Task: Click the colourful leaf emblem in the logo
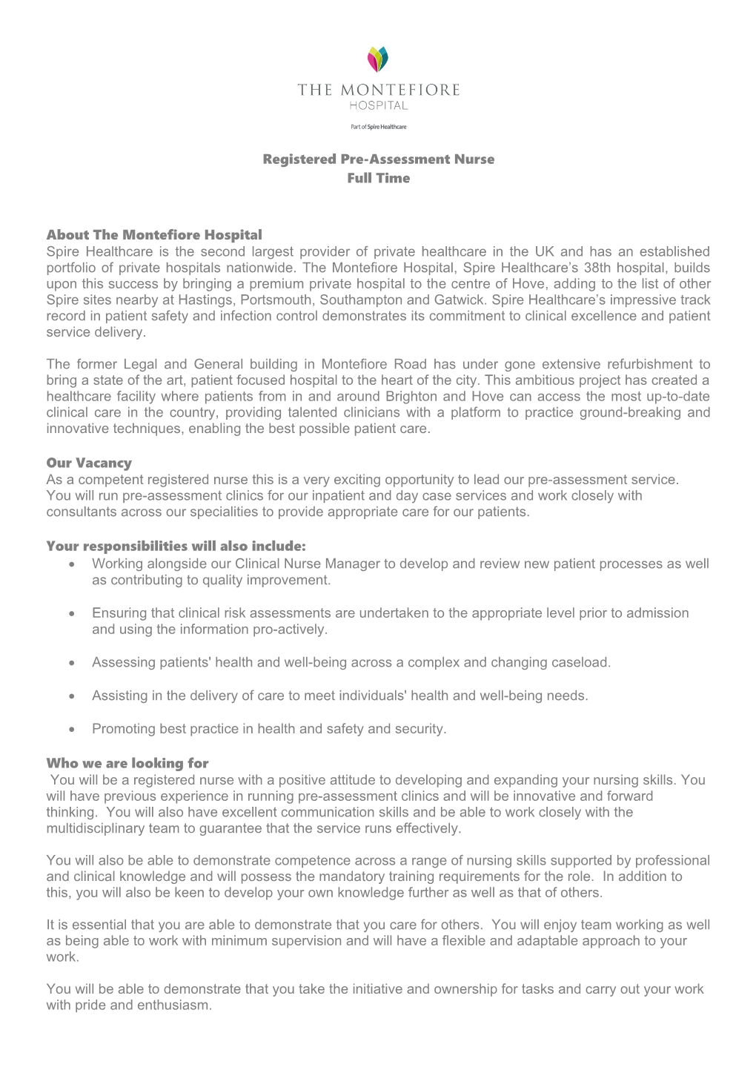[x=378, y=59]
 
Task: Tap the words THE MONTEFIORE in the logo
[x=378, y=90]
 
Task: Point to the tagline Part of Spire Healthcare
[x=378, y=127]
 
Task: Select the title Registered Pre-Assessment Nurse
[x=378, y=159]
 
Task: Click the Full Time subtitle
[x=378, y=178]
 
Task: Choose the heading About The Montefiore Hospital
[x=154, y=235]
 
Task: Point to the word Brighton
[x=416, y=397]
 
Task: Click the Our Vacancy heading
[x=89, y=463]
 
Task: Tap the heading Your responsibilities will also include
[x=176, y=546]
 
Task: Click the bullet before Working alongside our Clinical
[x=71, y=564]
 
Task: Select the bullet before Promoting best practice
[x=71, y=730]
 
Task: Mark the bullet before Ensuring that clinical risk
[x=71, y=614]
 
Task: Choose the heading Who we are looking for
[x=127, y=763]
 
